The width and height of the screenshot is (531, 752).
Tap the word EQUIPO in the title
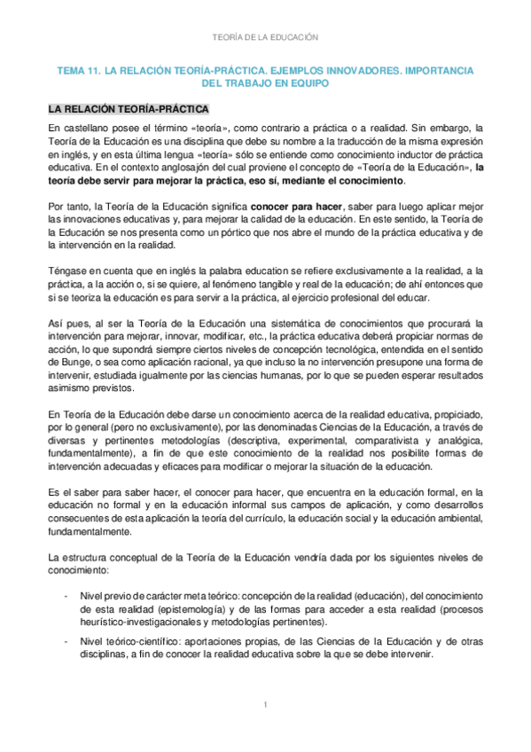coord(306,82)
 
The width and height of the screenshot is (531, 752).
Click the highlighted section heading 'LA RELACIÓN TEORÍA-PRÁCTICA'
coord(129,110)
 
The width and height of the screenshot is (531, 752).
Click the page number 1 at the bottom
coord(265,705)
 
